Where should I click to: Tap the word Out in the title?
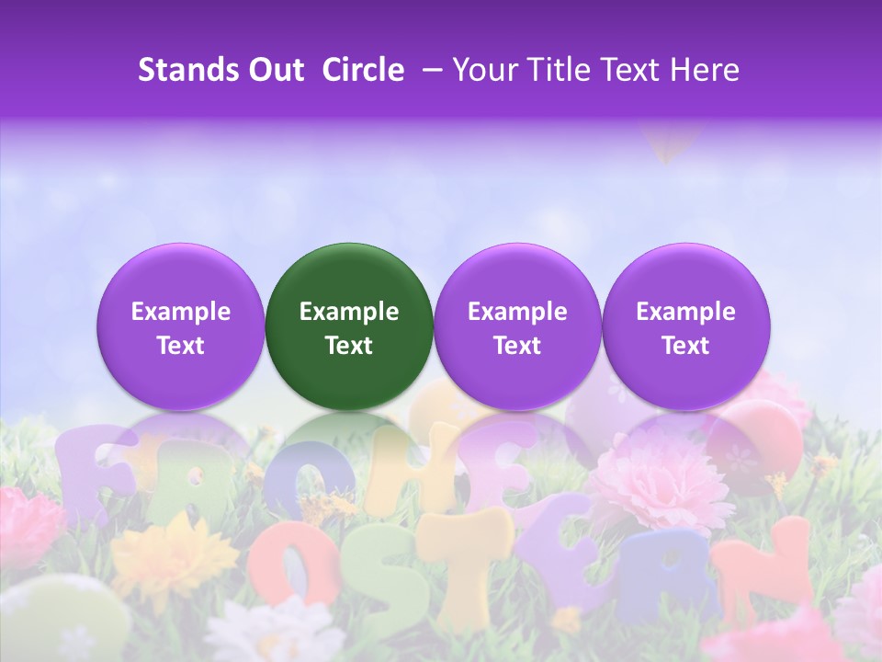click(274, 70)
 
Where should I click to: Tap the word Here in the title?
click(705, 70)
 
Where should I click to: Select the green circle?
click(349, 326)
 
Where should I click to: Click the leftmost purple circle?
click(181, 326)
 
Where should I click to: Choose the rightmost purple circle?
click(686, 326)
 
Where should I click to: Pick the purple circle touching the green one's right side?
click(517, 326)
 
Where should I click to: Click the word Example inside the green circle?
click(349, 312)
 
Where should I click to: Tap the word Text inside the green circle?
click(349, 346)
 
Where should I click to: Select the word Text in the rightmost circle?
click(686, 346)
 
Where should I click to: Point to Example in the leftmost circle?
click(181, 312)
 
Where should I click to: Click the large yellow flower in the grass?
click(175, 552)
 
